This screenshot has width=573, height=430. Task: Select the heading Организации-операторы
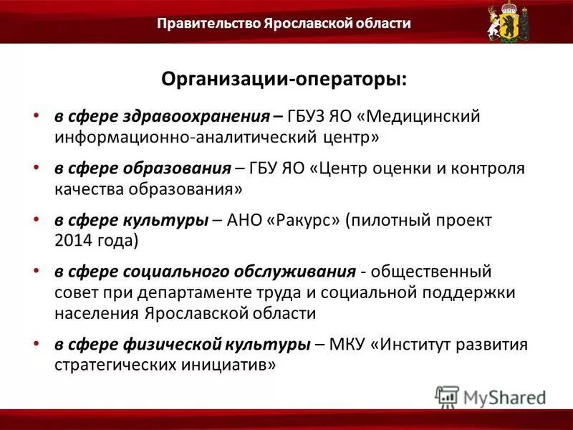[284, 80]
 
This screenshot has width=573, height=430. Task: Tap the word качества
[88, 188]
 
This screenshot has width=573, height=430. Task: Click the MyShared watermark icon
[447, 396]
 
